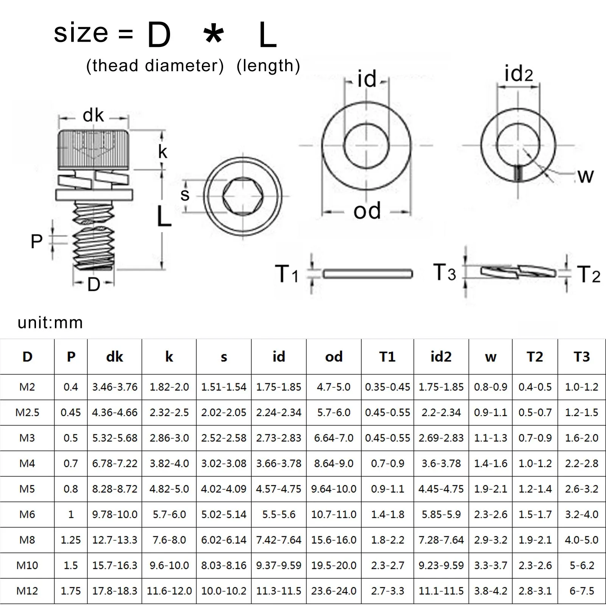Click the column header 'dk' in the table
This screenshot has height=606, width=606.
[114, 357]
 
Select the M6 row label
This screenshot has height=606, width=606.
[27, 514]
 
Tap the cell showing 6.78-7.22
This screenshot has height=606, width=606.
[114, 464]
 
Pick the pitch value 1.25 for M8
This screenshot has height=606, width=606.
[71, 540]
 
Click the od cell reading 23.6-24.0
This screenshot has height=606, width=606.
[334, 591]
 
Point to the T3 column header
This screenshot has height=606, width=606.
[581, 357]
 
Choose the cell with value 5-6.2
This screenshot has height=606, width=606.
[581, 565]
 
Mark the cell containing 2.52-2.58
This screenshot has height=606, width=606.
[223, 438]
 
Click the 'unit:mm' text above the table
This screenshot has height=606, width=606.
[50, 323]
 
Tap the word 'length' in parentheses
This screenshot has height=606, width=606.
[268, 66]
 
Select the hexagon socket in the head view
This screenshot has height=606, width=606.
[242, 196]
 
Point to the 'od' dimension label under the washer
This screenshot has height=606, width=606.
[367, 211]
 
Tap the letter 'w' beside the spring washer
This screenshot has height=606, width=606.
[586, 176]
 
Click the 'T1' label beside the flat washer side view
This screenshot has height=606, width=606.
[286, 274]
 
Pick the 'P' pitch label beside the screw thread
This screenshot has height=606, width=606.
[36, 241]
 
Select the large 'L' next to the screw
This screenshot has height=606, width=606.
[164, 217]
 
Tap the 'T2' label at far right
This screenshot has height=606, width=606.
[589, 274]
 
